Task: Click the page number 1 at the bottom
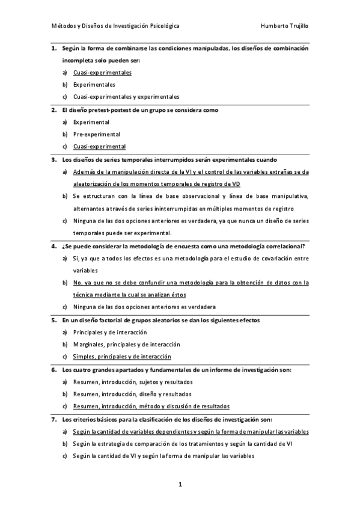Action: [x=179, y=484]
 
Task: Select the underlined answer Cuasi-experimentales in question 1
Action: [x=102, y=73]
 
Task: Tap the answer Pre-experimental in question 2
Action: [x=97, y=134]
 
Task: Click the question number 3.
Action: [x=53, y=159]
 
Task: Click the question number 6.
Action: [x=53, y=370]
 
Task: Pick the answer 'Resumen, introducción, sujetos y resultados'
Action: [x=133, y=382]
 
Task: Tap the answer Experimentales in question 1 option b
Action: [x=94, y=85]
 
